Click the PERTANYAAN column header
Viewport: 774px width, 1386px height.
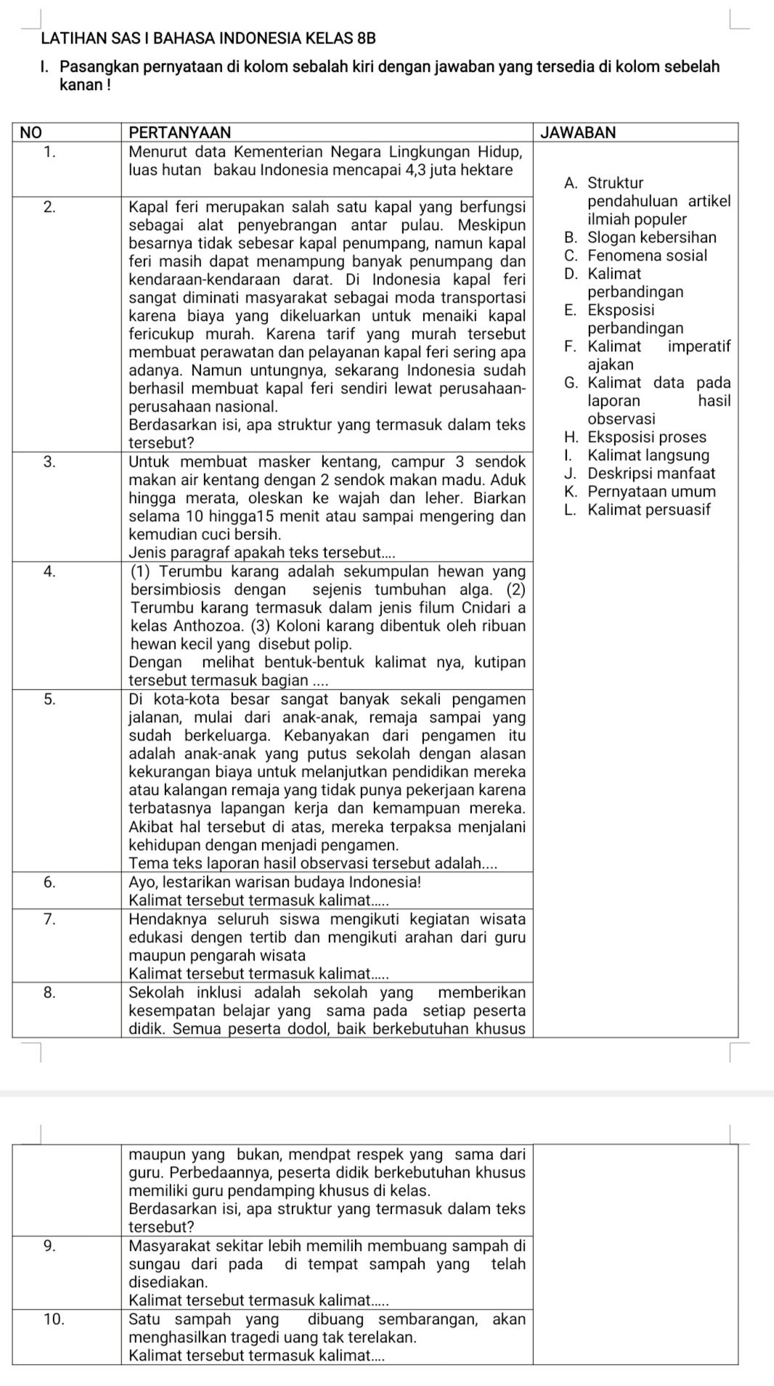[x=179, y=132]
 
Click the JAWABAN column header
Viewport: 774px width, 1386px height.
[x=578, y=132]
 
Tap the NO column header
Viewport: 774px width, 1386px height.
[x=31, y=132]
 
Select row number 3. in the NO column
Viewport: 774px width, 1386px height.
[x=49, y=461]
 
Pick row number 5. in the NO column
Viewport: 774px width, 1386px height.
[x=49, y=699]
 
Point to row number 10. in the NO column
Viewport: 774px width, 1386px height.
[x=54, y=1319]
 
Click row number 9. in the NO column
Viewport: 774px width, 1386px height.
[x=49, y=1247]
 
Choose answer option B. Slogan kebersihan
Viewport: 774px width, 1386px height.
[x=640, y=237]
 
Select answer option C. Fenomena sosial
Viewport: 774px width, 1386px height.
[x=635, y=256]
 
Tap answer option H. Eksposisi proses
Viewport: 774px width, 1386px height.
[x=635, y=437]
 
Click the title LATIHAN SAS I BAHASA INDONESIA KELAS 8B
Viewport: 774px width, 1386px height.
[x=209, y=37]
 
